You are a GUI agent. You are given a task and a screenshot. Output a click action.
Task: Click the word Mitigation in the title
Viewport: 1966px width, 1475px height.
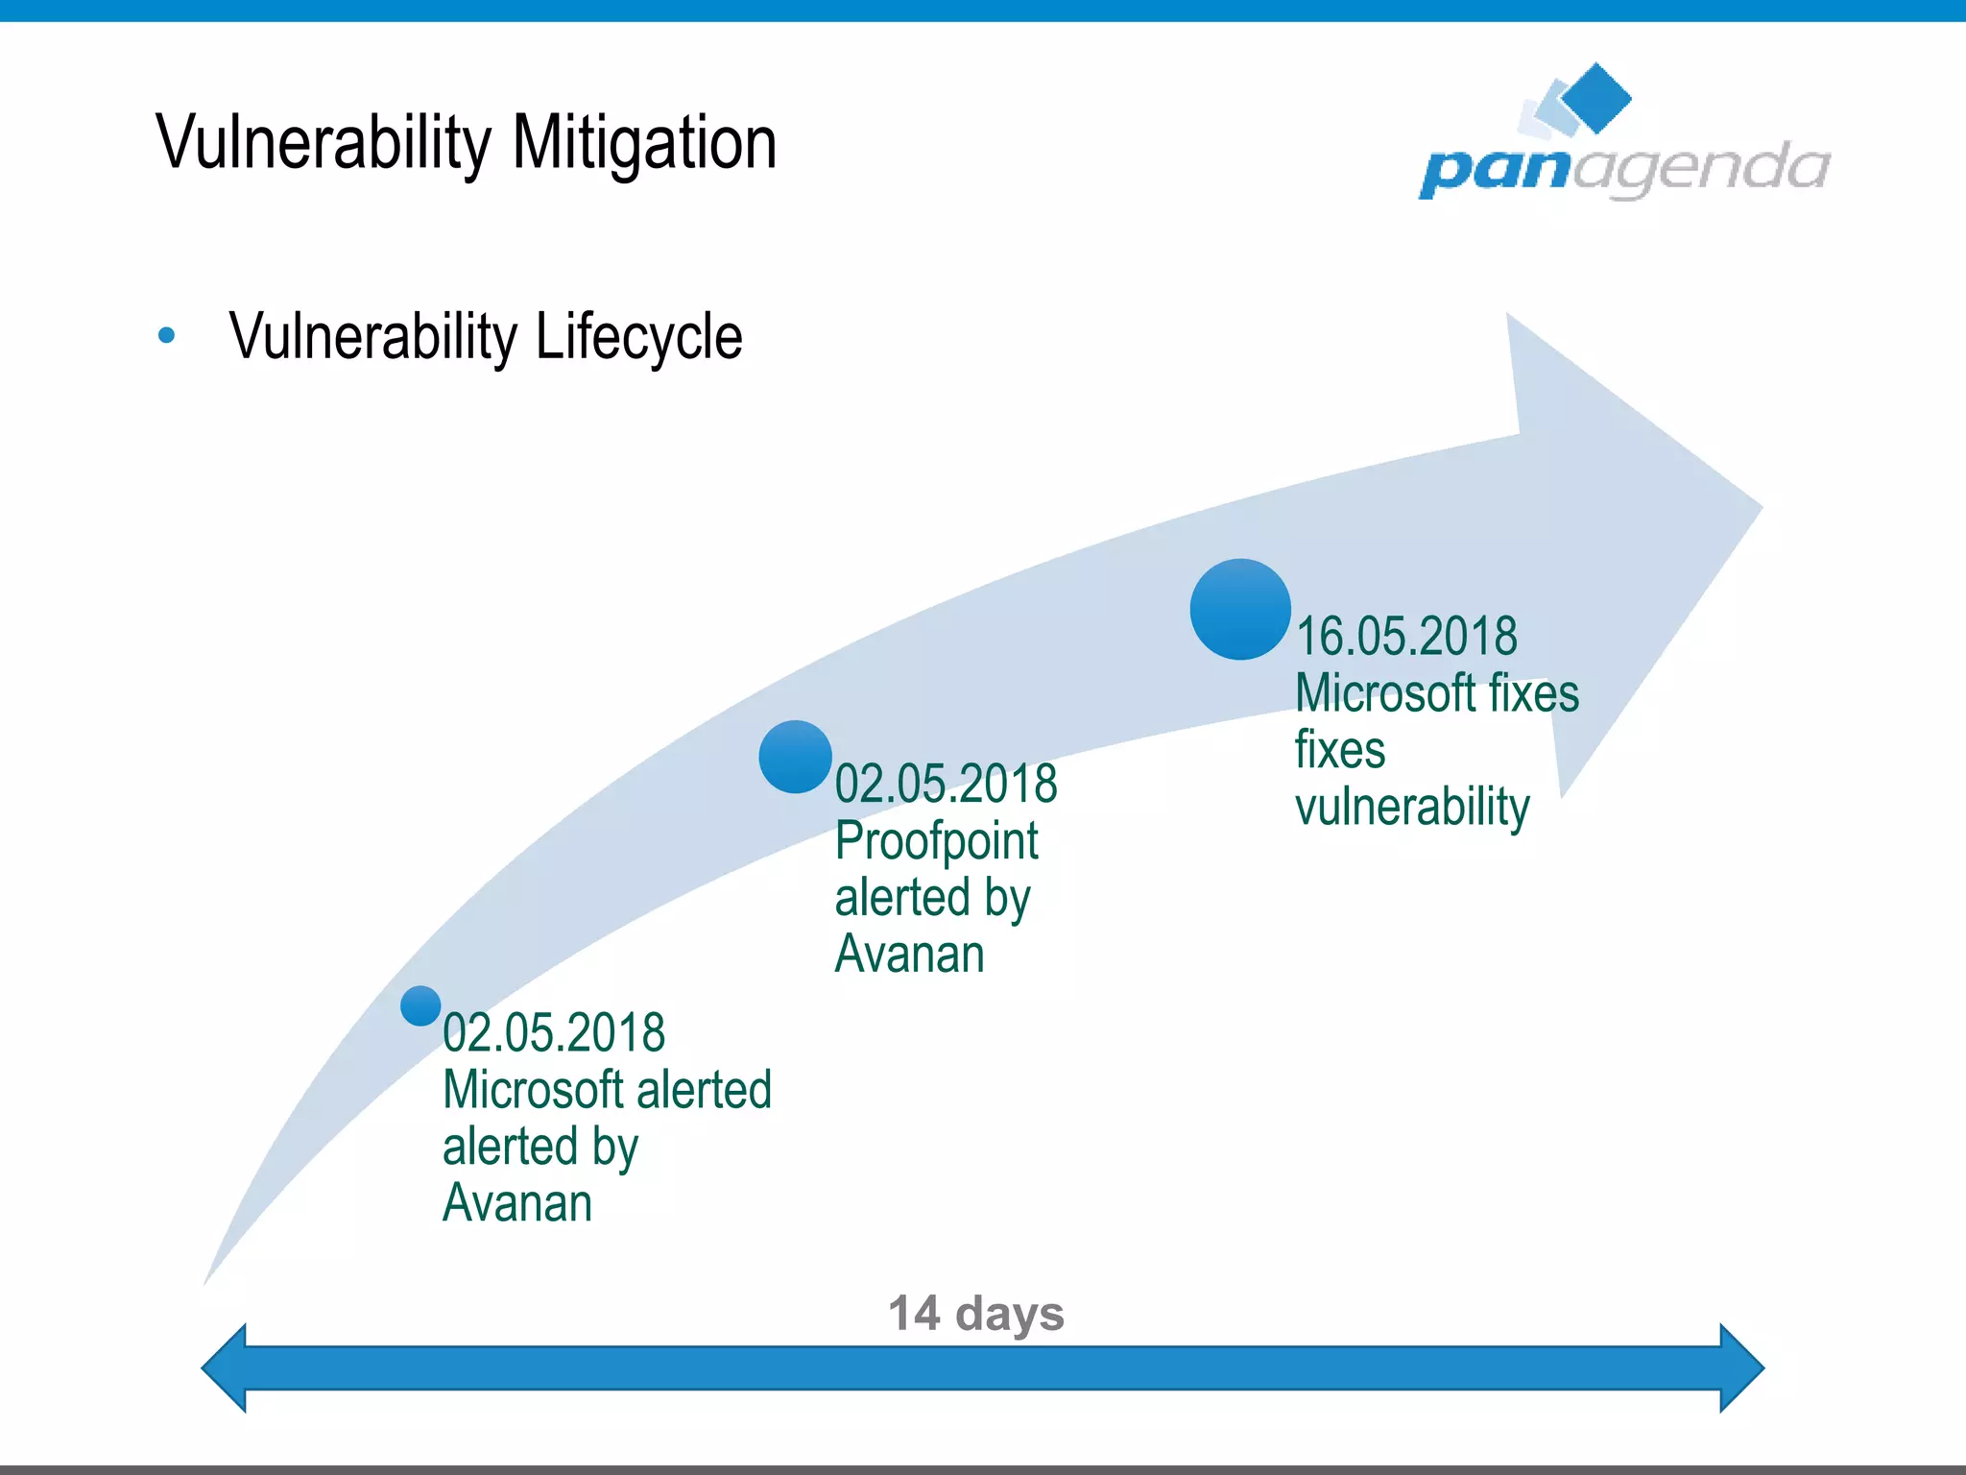[644, 142]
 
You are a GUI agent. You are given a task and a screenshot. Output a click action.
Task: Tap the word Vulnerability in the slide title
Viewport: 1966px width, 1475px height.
[324, 142]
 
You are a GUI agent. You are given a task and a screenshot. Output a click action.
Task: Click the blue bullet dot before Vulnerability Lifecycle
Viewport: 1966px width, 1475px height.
[167, 335]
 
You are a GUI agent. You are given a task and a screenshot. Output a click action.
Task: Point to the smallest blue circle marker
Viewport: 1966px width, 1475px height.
[420, 1005]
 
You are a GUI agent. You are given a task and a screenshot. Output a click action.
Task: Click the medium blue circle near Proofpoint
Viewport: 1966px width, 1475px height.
[795, 757]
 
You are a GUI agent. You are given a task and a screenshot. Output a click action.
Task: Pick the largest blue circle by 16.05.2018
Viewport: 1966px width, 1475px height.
[1239, 609]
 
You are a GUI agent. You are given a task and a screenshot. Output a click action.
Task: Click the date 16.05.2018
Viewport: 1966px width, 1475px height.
[1406, 636]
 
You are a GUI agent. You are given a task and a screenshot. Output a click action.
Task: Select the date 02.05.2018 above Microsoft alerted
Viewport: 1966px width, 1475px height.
[554, 1032]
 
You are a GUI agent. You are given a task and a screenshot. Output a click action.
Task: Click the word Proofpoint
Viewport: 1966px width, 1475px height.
[936, 841]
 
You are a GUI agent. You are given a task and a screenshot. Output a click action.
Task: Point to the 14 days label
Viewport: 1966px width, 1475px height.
[975, 1313]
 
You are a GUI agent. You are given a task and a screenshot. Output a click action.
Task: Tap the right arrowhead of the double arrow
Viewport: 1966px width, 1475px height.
[1741, 1367]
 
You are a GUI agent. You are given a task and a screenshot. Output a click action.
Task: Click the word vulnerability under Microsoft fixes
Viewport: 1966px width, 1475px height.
[1412, 807]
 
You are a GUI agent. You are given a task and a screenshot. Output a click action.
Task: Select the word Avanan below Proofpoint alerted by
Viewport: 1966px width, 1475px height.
[909, 954]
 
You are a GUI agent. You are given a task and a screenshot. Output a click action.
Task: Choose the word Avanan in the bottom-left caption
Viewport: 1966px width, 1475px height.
[517, 1202]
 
